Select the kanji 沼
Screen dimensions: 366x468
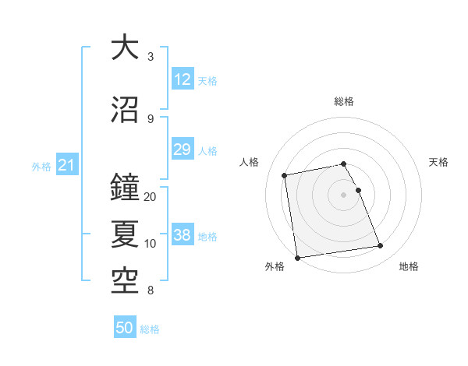[x=125, y=110]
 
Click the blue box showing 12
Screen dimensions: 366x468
[x=182, y=79]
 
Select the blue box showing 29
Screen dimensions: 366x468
[x=182, y=150]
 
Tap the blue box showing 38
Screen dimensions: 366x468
[x=182, y=236]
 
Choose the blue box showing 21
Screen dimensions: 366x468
[x=66, y=166]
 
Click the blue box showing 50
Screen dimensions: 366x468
[x=125, y=328]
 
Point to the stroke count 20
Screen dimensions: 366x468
[x=151, y=197]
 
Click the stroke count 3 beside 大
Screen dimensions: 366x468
[x=151, y=57]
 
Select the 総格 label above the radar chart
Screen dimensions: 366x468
[x=344, y=101]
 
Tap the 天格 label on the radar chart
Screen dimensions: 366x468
[x=438, y=162]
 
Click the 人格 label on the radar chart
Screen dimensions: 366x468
[x=250, y=162]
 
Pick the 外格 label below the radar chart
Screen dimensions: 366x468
[x=275, y=266]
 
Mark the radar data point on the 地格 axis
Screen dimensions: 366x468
[x=381, y=247]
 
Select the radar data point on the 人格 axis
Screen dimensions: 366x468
[x=285, y=175]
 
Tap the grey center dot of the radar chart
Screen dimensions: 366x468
[x=344, y=194]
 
